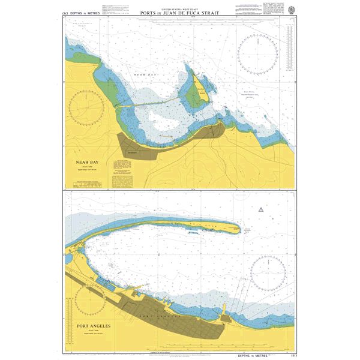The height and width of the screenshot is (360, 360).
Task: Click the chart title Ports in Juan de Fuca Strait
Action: click(179, 13)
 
